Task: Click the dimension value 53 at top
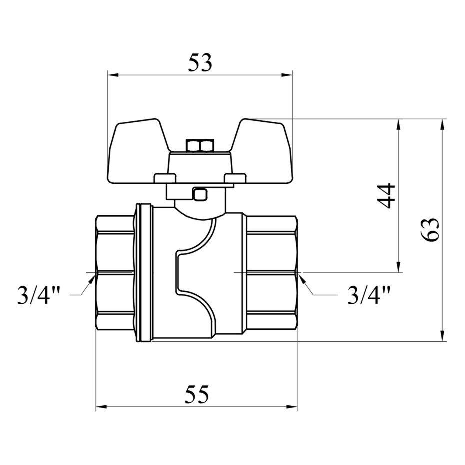[x=200, y=63]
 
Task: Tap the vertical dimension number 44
[x=387, y=195]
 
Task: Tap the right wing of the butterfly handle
[x=265, y=150]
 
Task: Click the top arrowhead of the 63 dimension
[x=443, y=124]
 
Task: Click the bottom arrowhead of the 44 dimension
[x=398, y=268]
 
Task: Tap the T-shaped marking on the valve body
[x=192, y=272]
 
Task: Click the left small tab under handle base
[x=165, y=178]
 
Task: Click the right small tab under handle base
[x=235, y=178]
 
